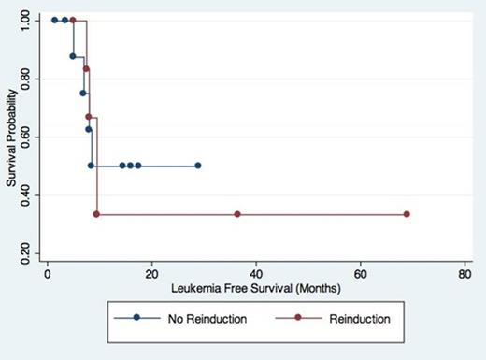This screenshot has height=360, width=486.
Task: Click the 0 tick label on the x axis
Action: point(47,275)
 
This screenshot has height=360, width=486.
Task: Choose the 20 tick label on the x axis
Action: point(151,275)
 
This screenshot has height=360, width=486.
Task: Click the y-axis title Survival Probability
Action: point(11,137)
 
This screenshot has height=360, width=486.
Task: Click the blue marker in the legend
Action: point(137,319)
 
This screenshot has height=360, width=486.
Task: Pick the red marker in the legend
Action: point(298,319)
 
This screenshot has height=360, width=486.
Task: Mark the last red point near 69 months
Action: point(407,214)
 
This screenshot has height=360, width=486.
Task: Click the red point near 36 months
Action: point(237,214)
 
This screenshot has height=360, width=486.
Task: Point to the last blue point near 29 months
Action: point(198,166)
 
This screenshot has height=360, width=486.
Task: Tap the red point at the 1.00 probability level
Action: point(73,20)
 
